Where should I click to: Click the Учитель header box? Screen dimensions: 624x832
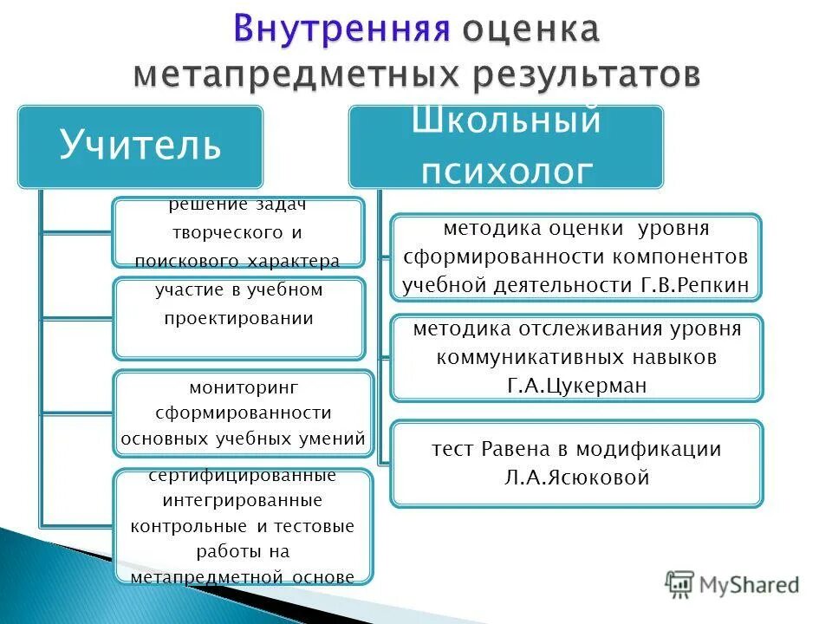140,146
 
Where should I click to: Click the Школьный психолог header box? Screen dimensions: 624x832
506,146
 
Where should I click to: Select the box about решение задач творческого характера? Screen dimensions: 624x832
237,232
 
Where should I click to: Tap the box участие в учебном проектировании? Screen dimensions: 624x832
238,318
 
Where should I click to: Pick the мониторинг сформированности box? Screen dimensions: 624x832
243,413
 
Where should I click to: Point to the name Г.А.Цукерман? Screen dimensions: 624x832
576,386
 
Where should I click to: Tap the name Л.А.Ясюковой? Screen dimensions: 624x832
576,477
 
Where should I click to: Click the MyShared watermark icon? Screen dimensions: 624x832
680,585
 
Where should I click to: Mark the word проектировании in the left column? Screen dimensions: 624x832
238,318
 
